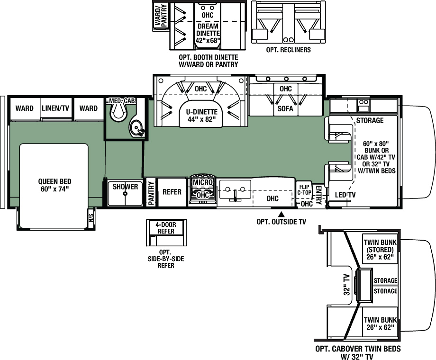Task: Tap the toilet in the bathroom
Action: point(118,112)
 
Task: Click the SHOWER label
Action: point(125,187)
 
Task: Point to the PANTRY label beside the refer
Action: point(151,193)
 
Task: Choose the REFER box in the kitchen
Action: point(172,192)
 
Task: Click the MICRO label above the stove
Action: point(203,182)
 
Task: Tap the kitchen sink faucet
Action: point(235,195)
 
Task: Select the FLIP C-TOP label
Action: point(304,189)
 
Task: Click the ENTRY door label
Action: point(318,195)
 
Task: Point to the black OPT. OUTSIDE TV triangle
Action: point(282,214)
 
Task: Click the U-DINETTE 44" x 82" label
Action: point(201,116)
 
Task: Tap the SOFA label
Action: point(285,108)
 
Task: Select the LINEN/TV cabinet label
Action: point(55,108)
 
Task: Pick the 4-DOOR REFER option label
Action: point(166,228)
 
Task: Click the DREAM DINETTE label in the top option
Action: point(208,29)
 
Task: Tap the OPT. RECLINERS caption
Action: point(288,50)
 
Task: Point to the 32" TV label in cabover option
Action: point(346,284)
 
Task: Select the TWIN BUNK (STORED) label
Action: point(380,246)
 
